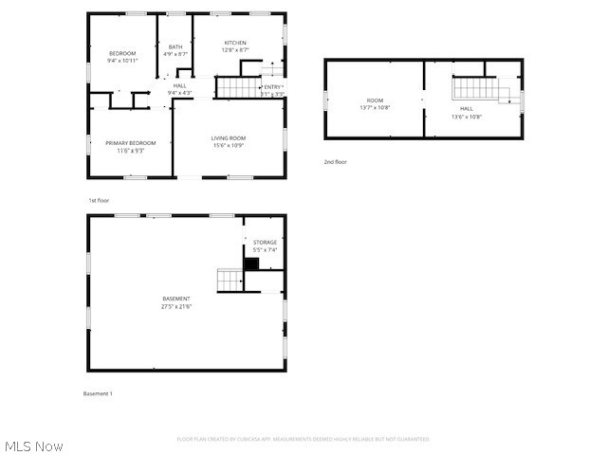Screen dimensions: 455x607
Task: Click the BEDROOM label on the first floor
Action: click(x=122, y=53)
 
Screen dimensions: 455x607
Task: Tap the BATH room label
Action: click(x=175, y=47)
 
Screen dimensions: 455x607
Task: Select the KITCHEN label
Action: click(x=235, y=43)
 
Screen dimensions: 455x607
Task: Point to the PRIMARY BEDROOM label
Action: click(x=130, y=142)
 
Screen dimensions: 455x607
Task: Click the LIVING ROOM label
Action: click(x=228, y=138)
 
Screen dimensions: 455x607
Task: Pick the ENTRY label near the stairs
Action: click(x=273, y=87)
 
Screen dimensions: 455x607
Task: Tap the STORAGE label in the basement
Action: click(x=265, y=242)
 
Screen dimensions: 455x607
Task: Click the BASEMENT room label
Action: click(x=175, y=299)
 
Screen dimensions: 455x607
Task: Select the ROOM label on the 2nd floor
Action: click(x=375, y=100)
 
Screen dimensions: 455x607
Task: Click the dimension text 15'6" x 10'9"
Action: click(x=228, y=146)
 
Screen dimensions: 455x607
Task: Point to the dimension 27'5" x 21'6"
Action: click(x=175, y=306)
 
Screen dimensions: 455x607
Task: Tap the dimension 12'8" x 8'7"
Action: click(x=235, y=50)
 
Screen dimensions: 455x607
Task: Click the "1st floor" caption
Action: click(x=100, y=201)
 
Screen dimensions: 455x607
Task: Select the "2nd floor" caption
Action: click(x=335, y=162)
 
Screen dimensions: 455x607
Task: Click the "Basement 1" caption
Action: click(x=98, y=393)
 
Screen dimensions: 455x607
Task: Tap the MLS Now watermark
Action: click(x=33, y=446)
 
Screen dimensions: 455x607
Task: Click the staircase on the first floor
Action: click(x=237, y=88)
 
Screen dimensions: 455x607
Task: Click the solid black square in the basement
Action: click(x=251, y=264)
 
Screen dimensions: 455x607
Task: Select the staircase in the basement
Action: click(x=230, y=280)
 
